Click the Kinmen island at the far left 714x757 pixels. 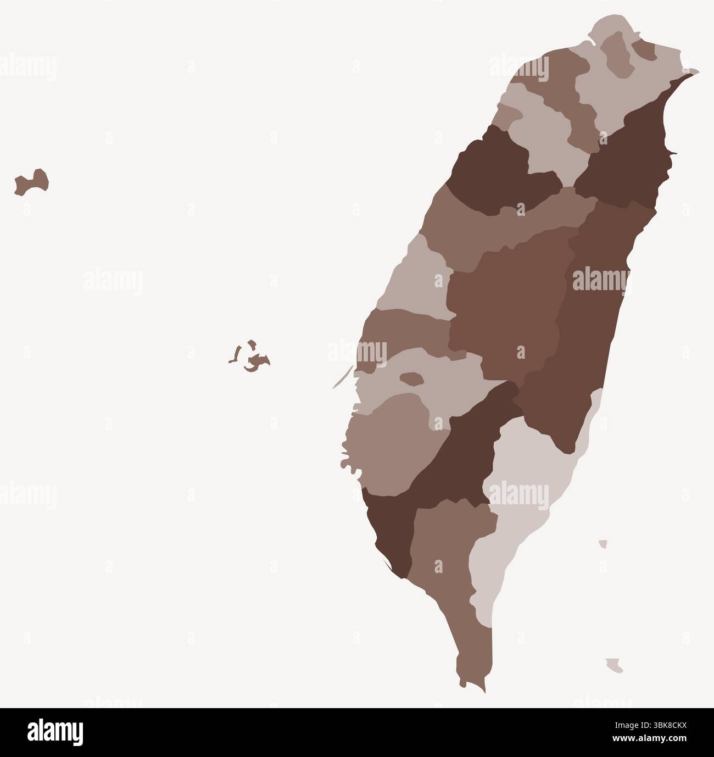point(33,182)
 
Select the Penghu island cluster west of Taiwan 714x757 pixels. point(255,361)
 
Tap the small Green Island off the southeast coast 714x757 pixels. point(603,544)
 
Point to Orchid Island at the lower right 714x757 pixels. point(615,665)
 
